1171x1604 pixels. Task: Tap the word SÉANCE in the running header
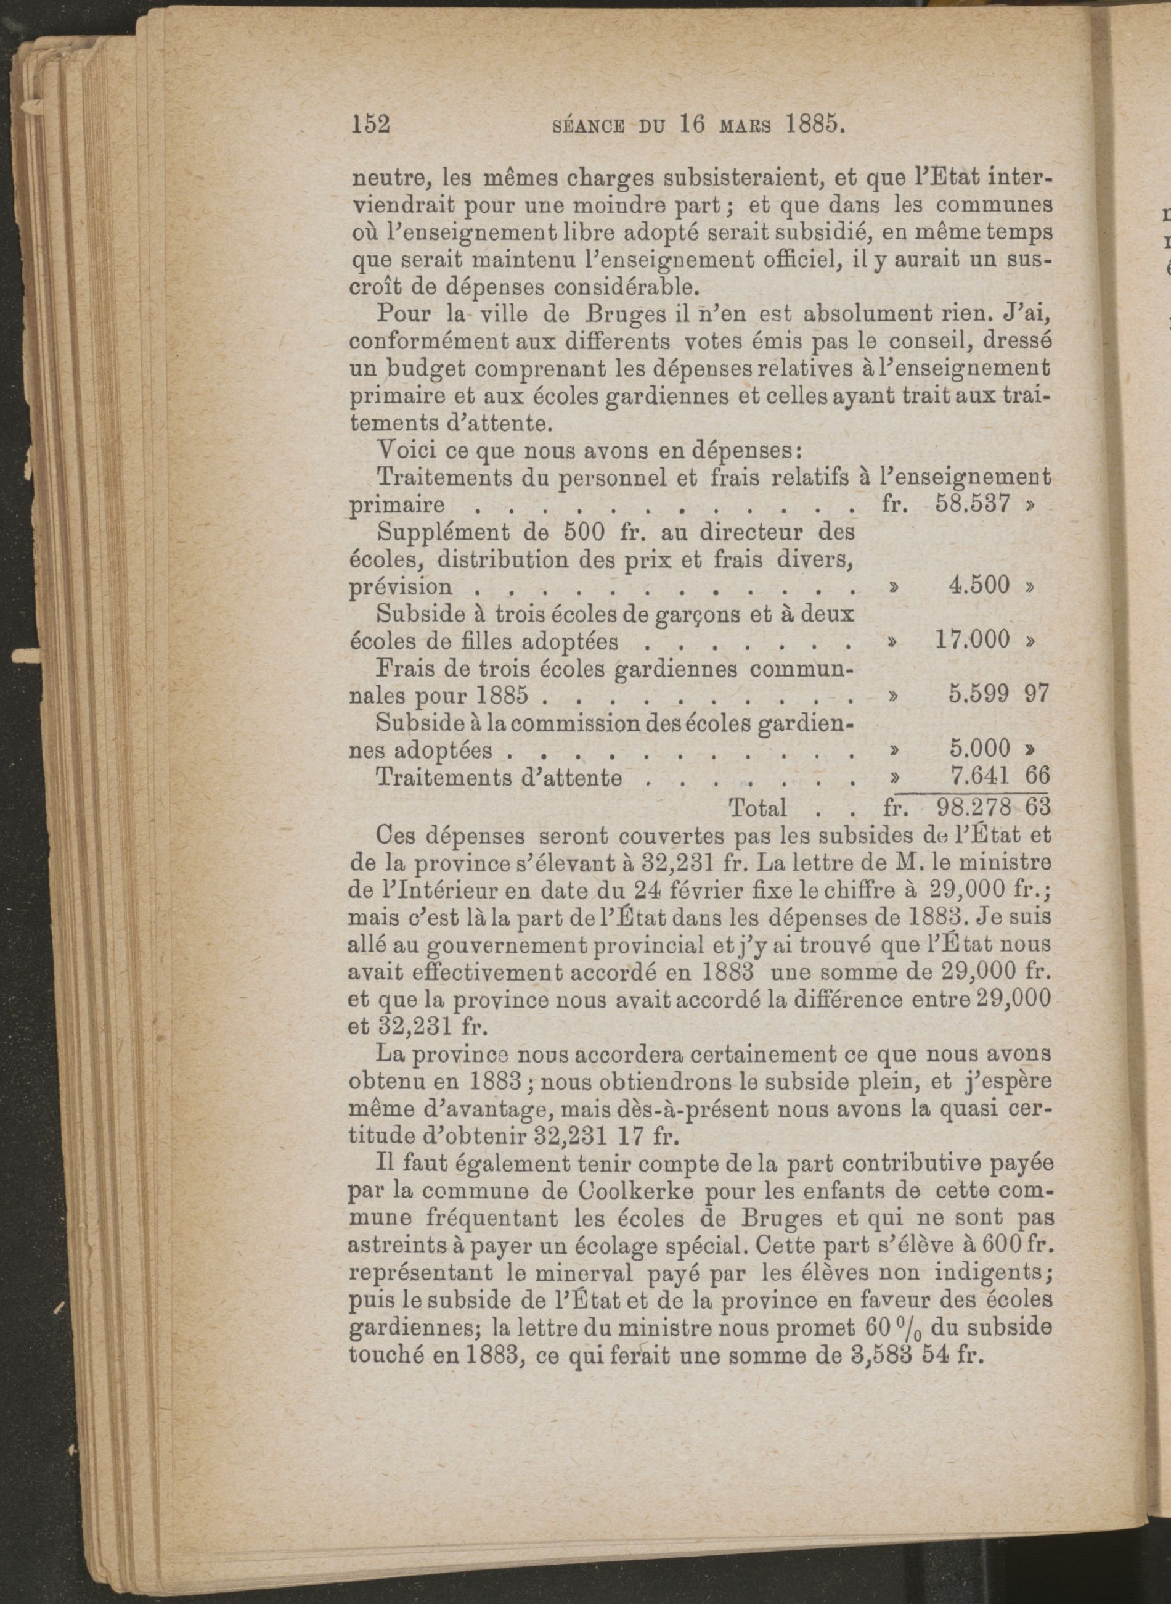point(587,126)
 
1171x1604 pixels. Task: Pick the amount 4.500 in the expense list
point(979,585)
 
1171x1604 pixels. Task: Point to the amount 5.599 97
point(998,694)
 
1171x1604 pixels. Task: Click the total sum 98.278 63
point(992,807)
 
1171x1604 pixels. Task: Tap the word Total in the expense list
point(757,808)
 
